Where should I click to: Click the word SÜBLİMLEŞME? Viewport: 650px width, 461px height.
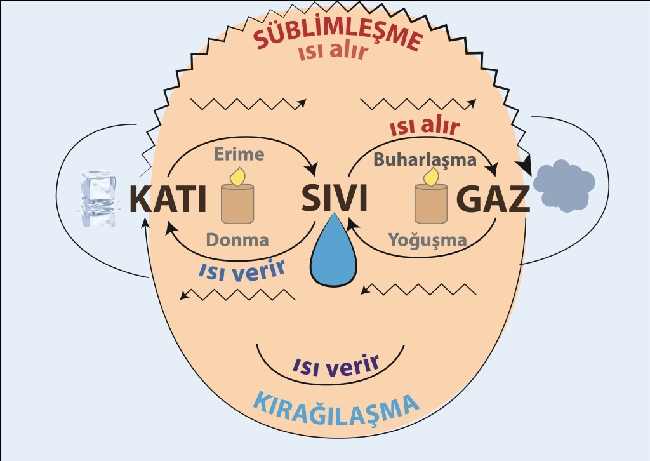[338, 34]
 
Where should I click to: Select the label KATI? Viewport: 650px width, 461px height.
[168, 199]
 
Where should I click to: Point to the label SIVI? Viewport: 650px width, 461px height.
[334, 197]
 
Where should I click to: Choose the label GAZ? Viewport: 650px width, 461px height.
[493, 199]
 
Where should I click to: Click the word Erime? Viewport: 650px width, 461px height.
[239, 154]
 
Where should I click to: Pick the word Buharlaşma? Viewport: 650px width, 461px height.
[425, 160]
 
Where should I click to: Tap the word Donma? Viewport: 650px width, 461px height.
[237, 240]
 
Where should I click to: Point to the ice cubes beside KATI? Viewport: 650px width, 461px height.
[98, 199]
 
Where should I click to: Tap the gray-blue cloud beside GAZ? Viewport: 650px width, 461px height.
[564, 185]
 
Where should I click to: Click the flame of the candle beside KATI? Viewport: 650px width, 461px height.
[238, 177]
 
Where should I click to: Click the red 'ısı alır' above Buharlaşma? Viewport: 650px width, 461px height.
[425, 127]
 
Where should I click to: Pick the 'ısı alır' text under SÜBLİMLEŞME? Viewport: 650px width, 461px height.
[333, 52]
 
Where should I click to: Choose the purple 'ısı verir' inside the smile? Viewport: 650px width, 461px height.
[336, 365]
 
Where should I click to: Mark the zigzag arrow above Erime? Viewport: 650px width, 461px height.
[248, 104]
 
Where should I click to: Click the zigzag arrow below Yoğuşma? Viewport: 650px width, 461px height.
[418, 289]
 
